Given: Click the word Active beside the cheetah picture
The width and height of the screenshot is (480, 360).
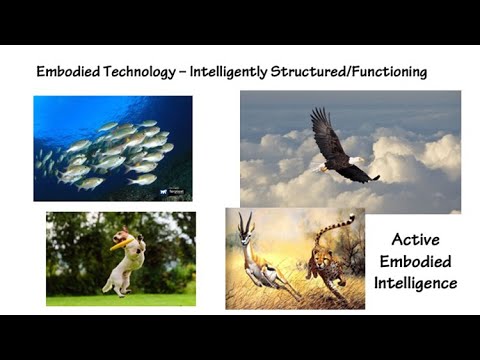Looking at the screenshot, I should pyautogui.click(x=417, y=240).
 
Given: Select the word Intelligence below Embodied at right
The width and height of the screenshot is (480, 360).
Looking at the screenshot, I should pyautogui.click(x=417, y=283).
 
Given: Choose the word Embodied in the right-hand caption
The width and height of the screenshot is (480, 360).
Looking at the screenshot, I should pyautogui.click(x=417, y=262).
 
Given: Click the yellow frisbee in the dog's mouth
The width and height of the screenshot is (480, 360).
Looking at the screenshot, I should pyautogui.click(x=122, y=239).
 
